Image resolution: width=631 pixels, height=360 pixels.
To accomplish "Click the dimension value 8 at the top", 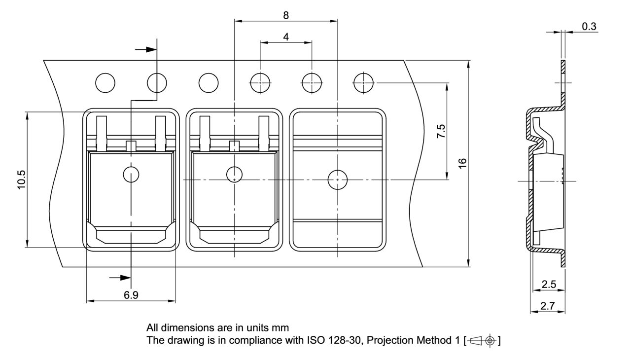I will point(286,15).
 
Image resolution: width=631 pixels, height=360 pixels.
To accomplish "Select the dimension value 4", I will point(286,37).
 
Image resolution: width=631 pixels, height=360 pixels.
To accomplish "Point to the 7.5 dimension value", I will point(441,132).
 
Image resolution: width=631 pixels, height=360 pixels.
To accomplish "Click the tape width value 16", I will point(462,164).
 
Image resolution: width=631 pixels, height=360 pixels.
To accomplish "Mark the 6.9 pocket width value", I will point(131,295).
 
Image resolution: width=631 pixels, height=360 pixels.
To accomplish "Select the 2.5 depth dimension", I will point(549,284).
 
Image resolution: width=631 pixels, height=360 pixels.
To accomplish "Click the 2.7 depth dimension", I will point(547,306).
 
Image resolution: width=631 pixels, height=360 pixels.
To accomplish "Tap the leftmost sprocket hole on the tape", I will point(105,83).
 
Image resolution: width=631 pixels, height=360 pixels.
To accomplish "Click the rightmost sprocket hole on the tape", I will point(364,83).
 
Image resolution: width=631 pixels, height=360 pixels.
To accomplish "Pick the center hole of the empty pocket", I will point(337,180).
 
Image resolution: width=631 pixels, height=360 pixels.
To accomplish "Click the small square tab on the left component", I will point(131,146).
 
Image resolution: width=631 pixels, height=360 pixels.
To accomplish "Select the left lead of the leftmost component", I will point(102,132).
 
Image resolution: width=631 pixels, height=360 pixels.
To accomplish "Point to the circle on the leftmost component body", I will point(131,175).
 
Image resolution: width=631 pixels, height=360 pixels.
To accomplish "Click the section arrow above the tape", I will point(145,49).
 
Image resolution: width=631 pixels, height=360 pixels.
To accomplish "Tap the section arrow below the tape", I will point(120,278).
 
